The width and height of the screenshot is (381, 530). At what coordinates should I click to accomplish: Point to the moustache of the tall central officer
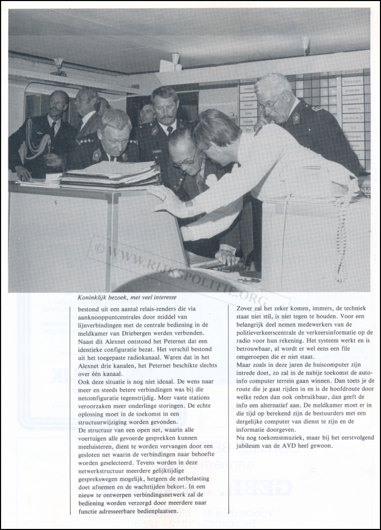(165, 116)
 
